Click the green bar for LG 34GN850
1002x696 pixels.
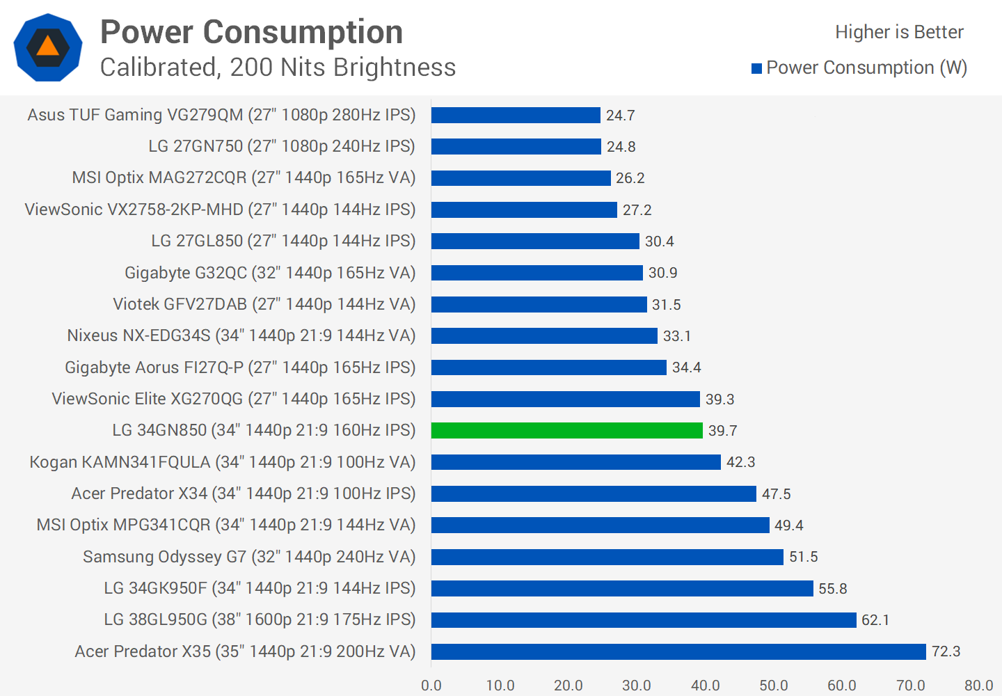pyautogui.click(x=566, y=431)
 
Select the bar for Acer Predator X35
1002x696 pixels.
pyautogui.click(x=678, y=651)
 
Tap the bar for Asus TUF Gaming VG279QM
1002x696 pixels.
pyautogui.click(x=516, y=116)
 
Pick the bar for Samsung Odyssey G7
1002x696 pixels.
pyautogui.click(x=607, y=557)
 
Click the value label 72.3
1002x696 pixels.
pyautogui.click(x=946, y=651)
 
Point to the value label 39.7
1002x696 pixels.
pyautogui.click(x=722, y=431)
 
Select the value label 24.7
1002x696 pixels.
pyautogui.click(x=620, y=116)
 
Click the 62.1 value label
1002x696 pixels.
pyautogui.click(x=875, y=620)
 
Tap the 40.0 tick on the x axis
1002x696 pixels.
pyautogui.click(x=706, y=686)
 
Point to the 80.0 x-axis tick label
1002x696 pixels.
pyautogui.click(x=978, y=686)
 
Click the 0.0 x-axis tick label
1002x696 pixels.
pyautogui.click(x=431, y=686)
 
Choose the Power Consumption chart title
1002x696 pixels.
pyautogui.click(x=251, y=32)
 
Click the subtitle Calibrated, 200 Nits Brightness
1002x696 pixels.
pyautogui.click(x=278, y=68)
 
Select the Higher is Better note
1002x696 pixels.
pyautogui.click(x=899, y=32)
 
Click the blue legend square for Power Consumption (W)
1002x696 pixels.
pyautogui.click(x=757, y=68)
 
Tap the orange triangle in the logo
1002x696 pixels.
pyautogui.click(x=48, y=47)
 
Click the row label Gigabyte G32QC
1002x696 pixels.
pyautogui.click(x=269, y=273)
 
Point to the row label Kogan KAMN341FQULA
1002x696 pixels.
pyautogui.click(x=222, y=462)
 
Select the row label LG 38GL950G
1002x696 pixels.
pyautogui.click(x=260, y=619)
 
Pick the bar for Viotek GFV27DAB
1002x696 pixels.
pyautogui.click(x=539, y=305)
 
